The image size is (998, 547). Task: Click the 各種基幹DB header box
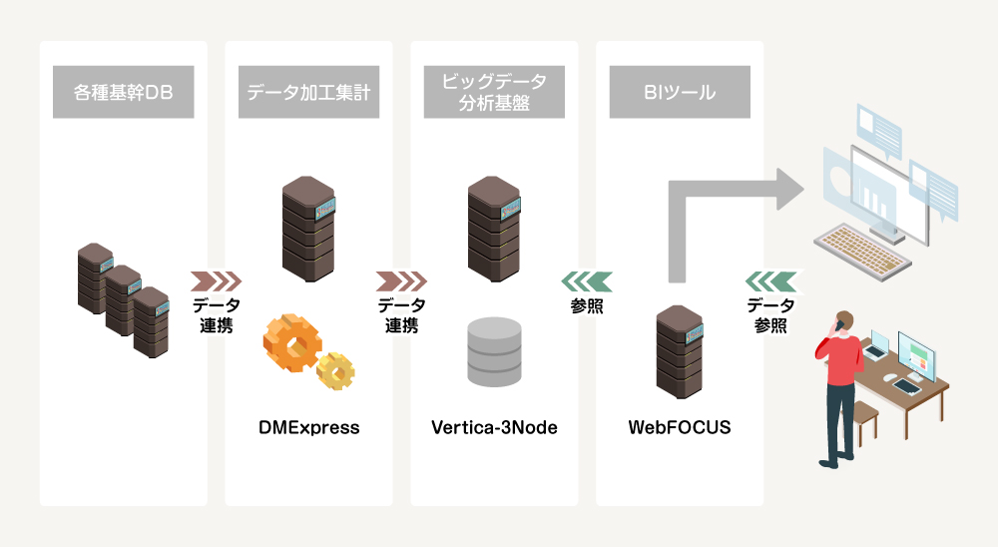(124, 93)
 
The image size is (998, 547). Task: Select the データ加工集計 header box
(308, 93)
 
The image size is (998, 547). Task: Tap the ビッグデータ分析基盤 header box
(494, 92)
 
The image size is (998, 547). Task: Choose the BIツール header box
(680, 93)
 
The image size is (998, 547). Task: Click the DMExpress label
(309, 428)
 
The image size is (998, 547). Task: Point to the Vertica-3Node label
(494, 428)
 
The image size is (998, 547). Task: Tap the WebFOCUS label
(680, 428)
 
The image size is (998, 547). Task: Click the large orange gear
(290, 343)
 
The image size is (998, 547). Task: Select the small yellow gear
(335, 370)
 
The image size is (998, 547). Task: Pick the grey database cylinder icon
(494, 351)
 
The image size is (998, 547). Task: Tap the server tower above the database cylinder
(494, 229)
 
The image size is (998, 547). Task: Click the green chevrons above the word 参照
(587, 280)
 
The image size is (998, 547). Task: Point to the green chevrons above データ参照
(771, 279)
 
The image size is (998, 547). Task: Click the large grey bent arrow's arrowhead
(790, 190)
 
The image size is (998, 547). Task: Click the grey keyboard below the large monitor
(860, 246)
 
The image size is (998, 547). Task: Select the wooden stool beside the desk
(864, 419)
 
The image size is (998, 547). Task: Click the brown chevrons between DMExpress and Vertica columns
(401, 280)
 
